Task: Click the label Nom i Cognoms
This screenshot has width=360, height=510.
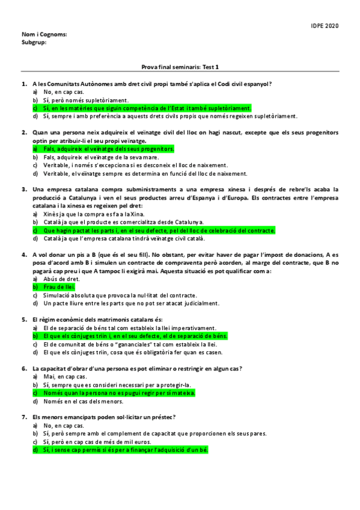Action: coord(44,35)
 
